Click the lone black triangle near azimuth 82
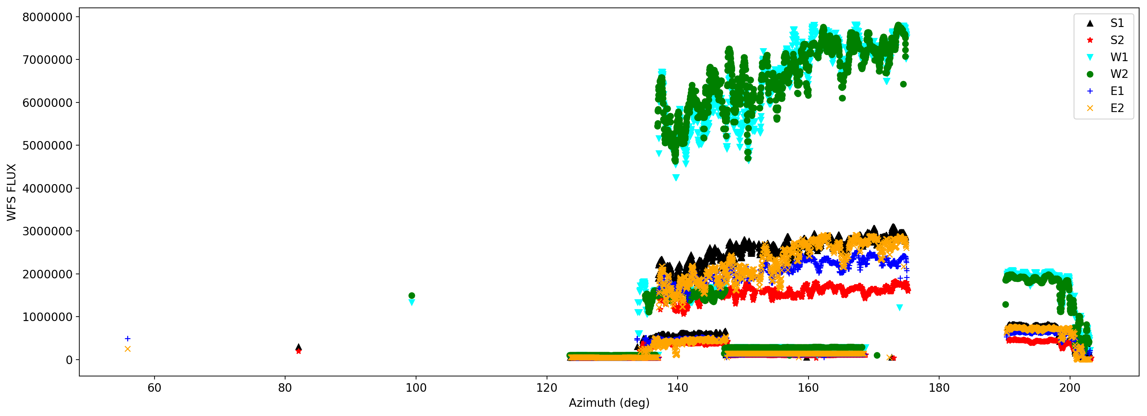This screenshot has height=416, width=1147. [x=298, y=347]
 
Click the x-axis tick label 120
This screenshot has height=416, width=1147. [x=546, y=388]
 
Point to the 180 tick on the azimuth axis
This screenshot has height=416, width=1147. [x=939, y=388]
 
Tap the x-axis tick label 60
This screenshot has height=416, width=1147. [x=154, y=388]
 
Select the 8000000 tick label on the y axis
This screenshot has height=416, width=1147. [x=47, y=17]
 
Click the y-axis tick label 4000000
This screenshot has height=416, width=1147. [x=47, y=188]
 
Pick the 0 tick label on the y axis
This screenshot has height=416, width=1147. [x=69, y=360]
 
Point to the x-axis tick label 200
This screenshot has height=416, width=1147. [x=1069, y=388]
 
